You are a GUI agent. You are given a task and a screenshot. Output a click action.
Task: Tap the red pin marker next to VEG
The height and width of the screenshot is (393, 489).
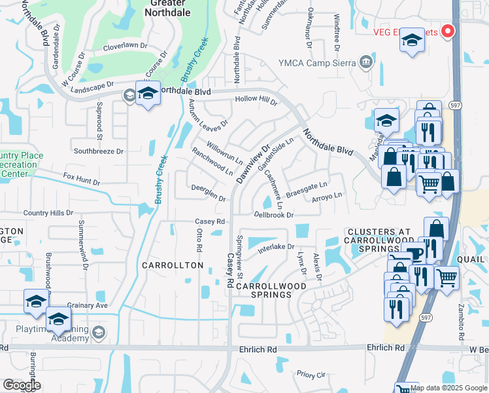(448, 30)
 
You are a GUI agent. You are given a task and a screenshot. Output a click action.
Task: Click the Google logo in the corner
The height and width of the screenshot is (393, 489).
(21, 385)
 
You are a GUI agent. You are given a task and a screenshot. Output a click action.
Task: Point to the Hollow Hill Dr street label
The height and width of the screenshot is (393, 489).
(256, 100)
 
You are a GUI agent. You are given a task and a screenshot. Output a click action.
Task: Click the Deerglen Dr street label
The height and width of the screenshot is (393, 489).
(208, 193)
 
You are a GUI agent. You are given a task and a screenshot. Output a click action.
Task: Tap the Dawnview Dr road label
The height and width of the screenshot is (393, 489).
(252, 163)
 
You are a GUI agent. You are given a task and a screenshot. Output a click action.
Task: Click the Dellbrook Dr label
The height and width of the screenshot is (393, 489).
(274, 214)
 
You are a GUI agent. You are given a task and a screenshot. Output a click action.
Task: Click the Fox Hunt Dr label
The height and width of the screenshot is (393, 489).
(82, 179)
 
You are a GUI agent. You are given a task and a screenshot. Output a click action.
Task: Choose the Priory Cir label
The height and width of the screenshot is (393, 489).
(311, 375)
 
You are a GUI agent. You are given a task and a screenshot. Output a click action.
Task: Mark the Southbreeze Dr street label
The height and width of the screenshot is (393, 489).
(98, 151)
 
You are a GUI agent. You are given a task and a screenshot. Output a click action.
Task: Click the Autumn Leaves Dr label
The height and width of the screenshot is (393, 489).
(207, 113)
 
